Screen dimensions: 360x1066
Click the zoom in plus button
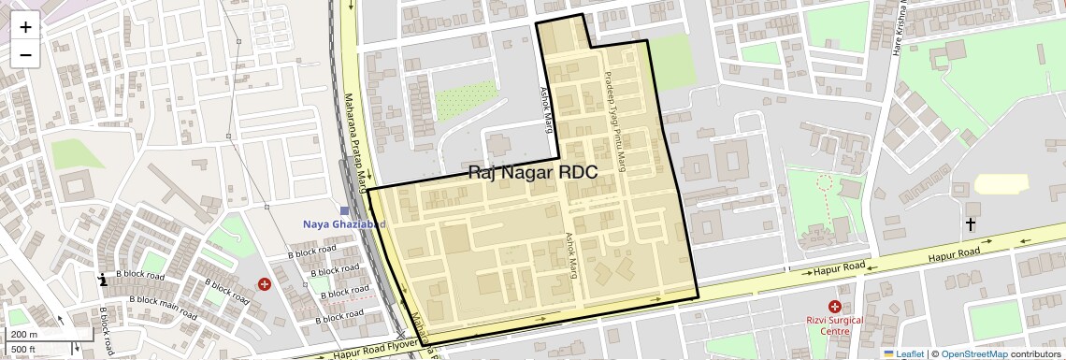point(25,26)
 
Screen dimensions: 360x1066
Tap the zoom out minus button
point(25,54)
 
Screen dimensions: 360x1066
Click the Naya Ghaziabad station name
point(344,224)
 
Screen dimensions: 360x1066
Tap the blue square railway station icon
point(345,211)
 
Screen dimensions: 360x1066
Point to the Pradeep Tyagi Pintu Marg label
point(614,121)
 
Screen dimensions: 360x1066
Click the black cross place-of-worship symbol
point(971,224)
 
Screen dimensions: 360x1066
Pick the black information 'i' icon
point(103,279)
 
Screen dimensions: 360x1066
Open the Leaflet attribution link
point(903,353)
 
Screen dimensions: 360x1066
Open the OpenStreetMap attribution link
point(973,353)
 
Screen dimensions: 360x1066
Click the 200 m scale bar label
point(25,334)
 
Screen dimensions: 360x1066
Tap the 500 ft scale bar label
point(24,349)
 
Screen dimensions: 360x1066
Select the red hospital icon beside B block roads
point(265,283)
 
